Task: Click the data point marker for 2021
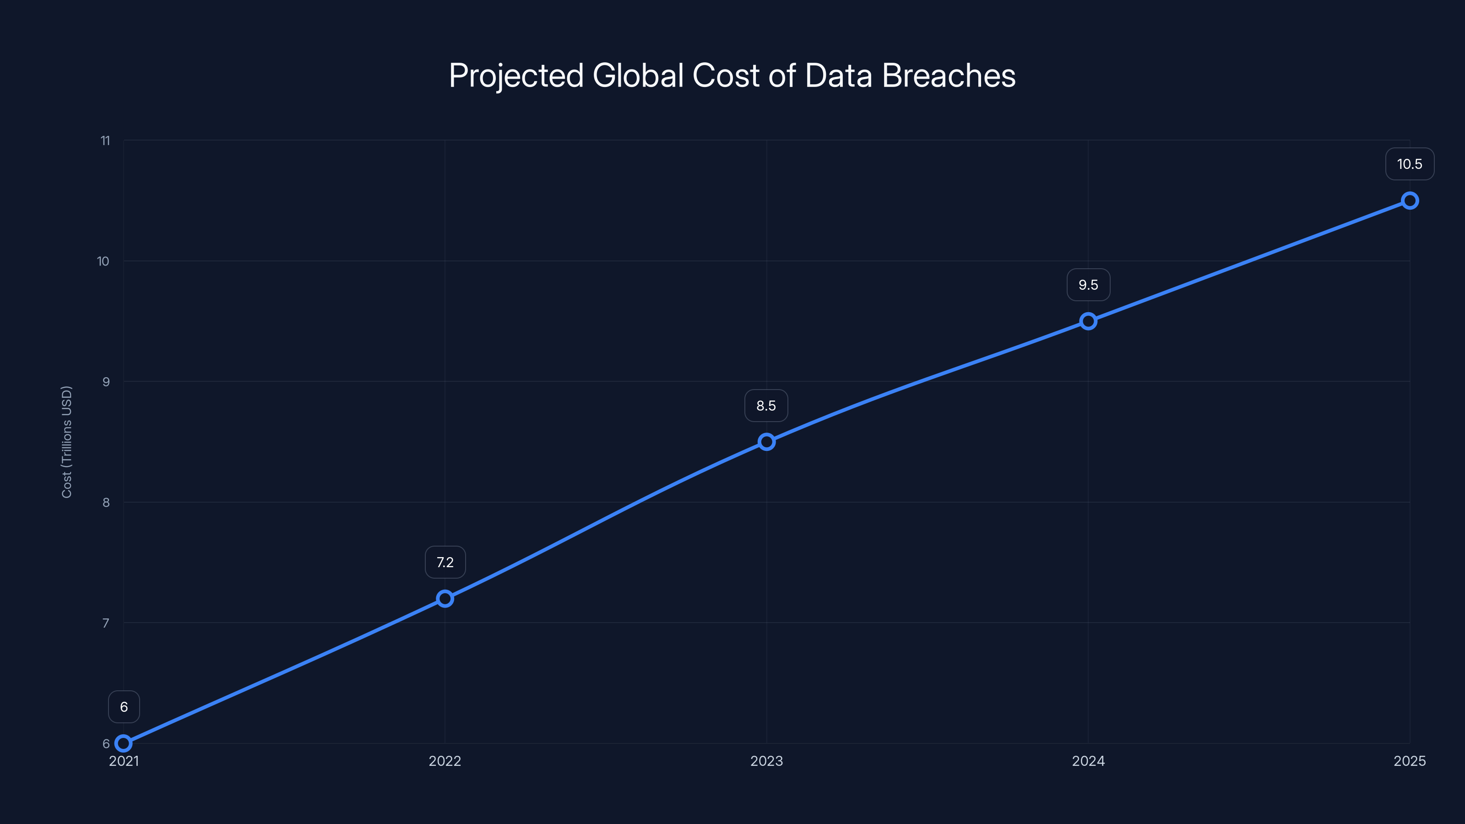[124, 743]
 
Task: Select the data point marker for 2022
[445, 598]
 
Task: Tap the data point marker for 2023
[767, 442]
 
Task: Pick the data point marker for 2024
[1088, 321]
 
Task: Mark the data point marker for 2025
[1410, 201]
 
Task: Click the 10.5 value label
[1409, 164]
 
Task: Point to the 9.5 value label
[1088, 285]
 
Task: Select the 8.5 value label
[766, 406]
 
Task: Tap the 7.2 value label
[445, 563]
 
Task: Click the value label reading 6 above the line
[124, 707]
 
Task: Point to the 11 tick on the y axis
[105, 141]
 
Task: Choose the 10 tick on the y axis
[103, 261]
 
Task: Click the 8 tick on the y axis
[106, 502]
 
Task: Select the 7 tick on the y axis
[106, 623]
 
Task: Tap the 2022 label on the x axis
[445, 761]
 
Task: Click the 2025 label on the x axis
[1409, 761]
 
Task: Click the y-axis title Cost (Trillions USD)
[66, 442]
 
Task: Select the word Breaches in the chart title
[948, 76]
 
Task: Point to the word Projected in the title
[516, 76]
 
